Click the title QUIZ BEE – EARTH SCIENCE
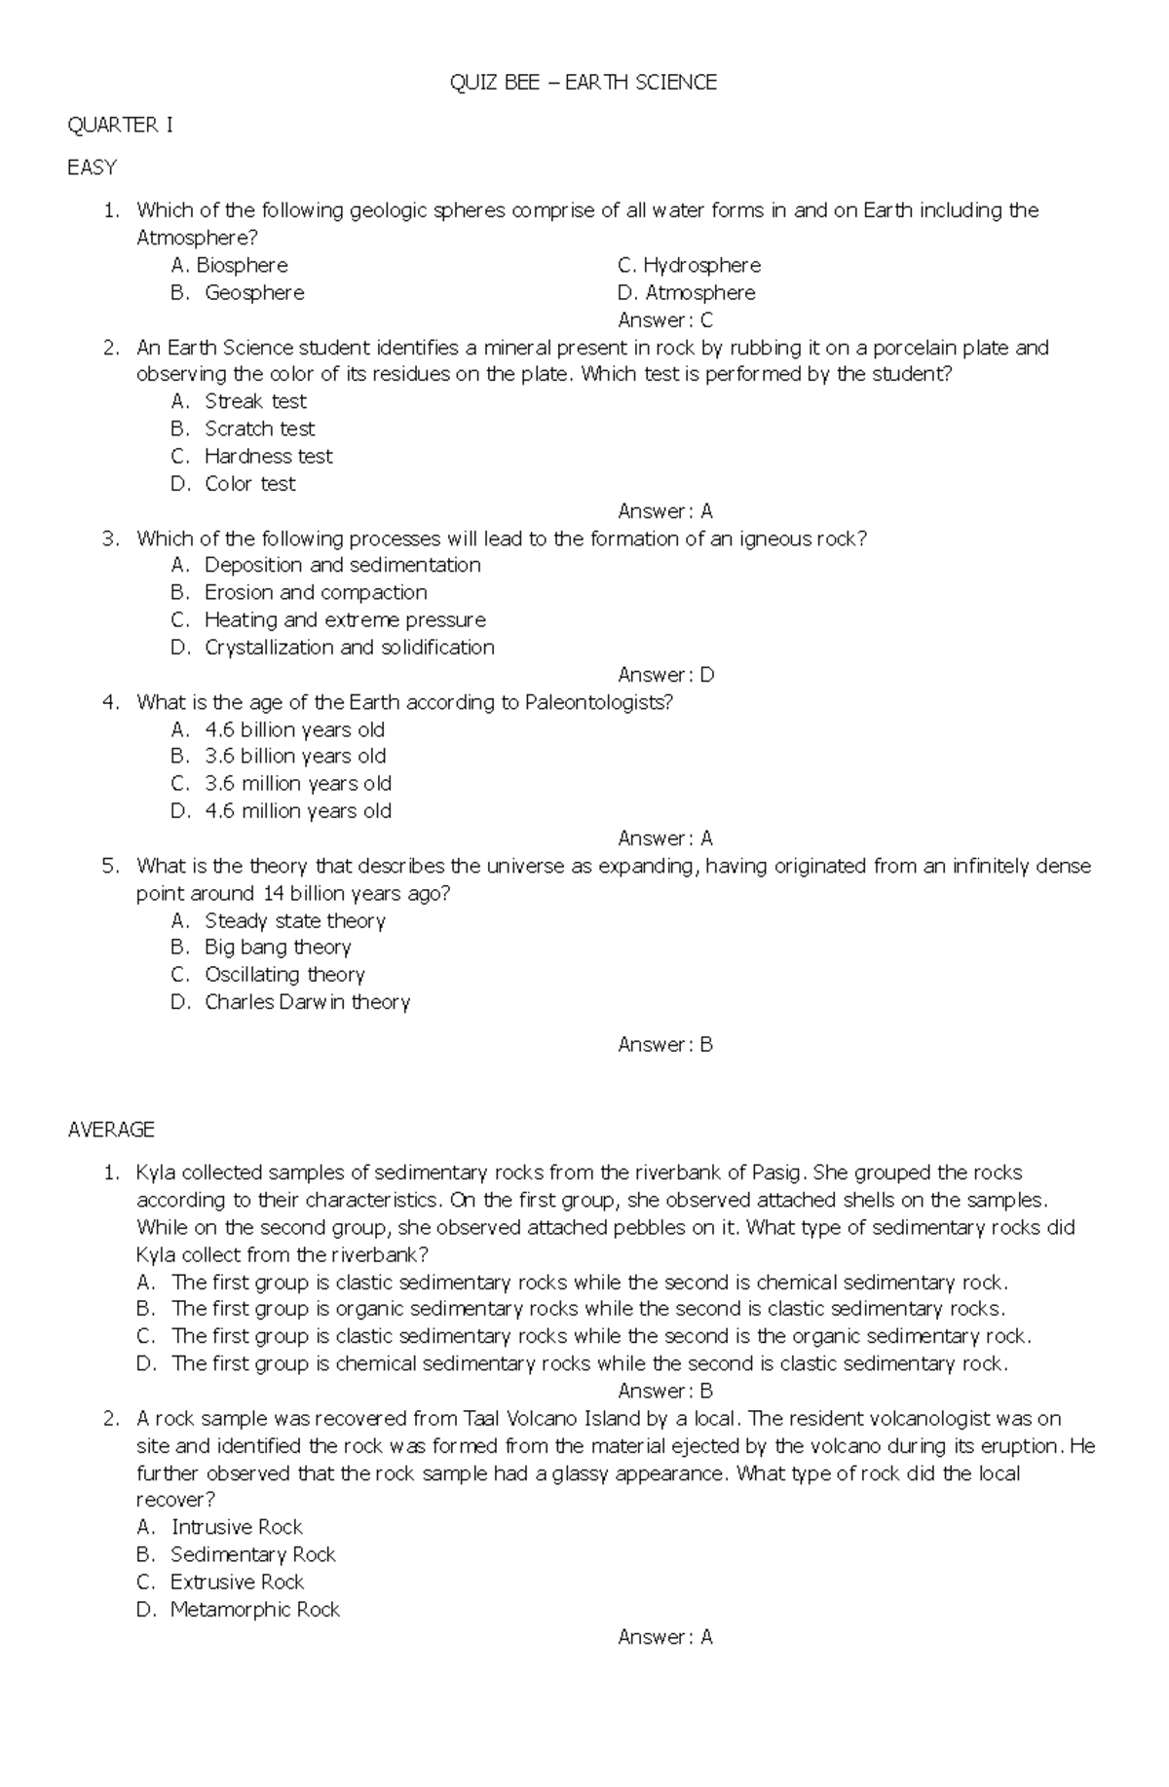coord(583,83)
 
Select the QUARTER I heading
coord(120,125)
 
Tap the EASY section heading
coord(92,168)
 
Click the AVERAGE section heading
coord(111,1130)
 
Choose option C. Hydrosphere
coord(689,265)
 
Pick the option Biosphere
coord(229,265)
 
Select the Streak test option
coord(255,401)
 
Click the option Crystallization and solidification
coord(349,648)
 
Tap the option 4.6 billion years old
coord(294,729)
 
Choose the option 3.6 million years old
coord(297,784)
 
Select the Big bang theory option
coord(277,948)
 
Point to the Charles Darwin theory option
coord(307,1002)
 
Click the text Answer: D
coord(665,675)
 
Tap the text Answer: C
coord(665,320)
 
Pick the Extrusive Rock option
coord(237,1582)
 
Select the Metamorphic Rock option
coord(254,1610)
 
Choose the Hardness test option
coord(268,456)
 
